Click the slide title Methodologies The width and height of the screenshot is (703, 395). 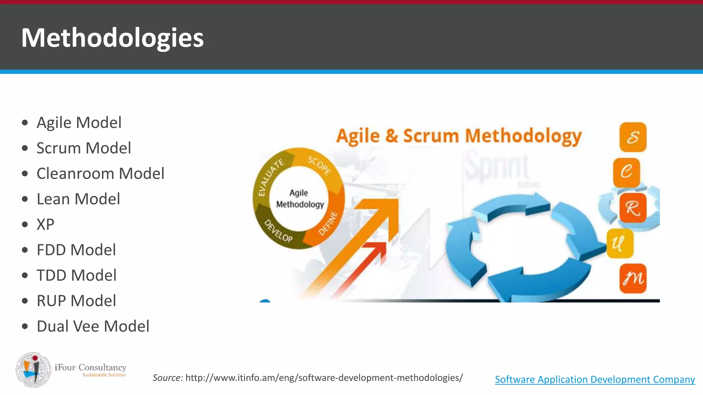(112, 38)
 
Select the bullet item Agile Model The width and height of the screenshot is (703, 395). (79, 122)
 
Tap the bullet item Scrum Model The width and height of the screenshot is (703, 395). (84, 148)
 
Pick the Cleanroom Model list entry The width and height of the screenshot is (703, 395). (100, 173)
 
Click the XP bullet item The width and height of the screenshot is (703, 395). (45, 225)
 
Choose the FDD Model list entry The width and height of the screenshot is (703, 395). (76, 250)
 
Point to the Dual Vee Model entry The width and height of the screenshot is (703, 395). (93, 326)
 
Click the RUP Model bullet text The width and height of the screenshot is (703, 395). (76, 301)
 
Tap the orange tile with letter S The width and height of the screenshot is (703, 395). (633, 137)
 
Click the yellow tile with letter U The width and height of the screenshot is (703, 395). (620, 243)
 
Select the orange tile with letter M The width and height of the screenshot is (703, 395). (633, 278)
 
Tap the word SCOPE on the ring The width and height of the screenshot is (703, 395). (319, 166)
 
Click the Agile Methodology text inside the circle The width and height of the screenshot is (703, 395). (300, 199)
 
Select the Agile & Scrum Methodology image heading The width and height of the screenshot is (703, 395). (459, 136)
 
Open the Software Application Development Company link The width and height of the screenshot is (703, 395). (595, 380)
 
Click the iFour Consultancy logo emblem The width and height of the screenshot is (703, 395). (34, 370)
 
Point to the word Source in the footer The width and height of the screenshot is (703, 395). (168, 378)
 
